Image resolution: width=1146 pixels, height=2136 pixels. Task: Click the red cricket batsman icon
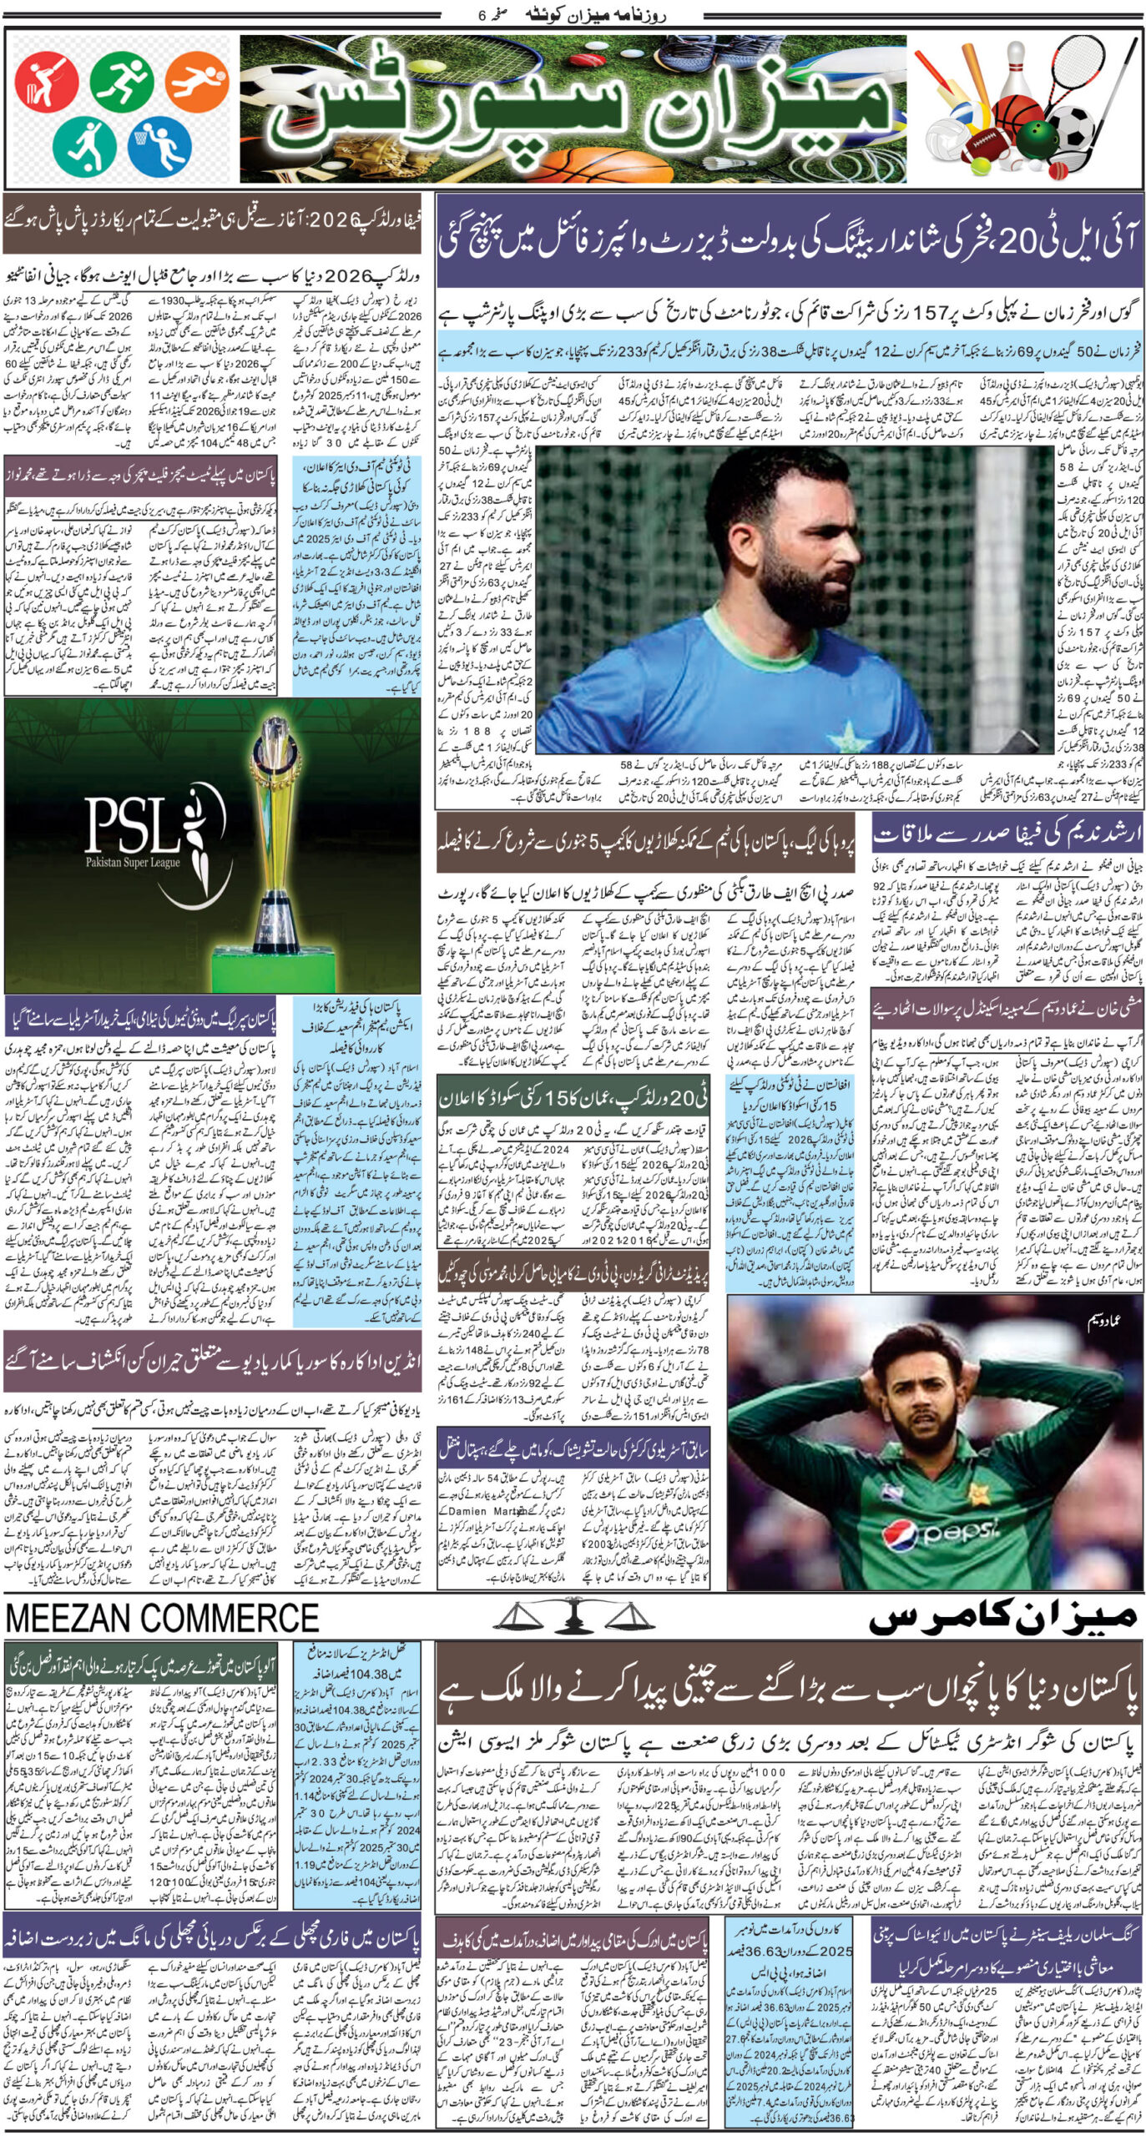[46, 82]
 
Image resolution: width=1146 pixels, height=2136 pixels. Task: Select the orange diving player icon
[197, 82]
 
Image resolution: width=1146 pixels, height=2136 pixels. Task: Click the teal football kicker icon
[84, 143]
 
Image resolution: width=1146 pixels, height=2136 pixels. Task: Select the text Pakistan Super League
[133, 862]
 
